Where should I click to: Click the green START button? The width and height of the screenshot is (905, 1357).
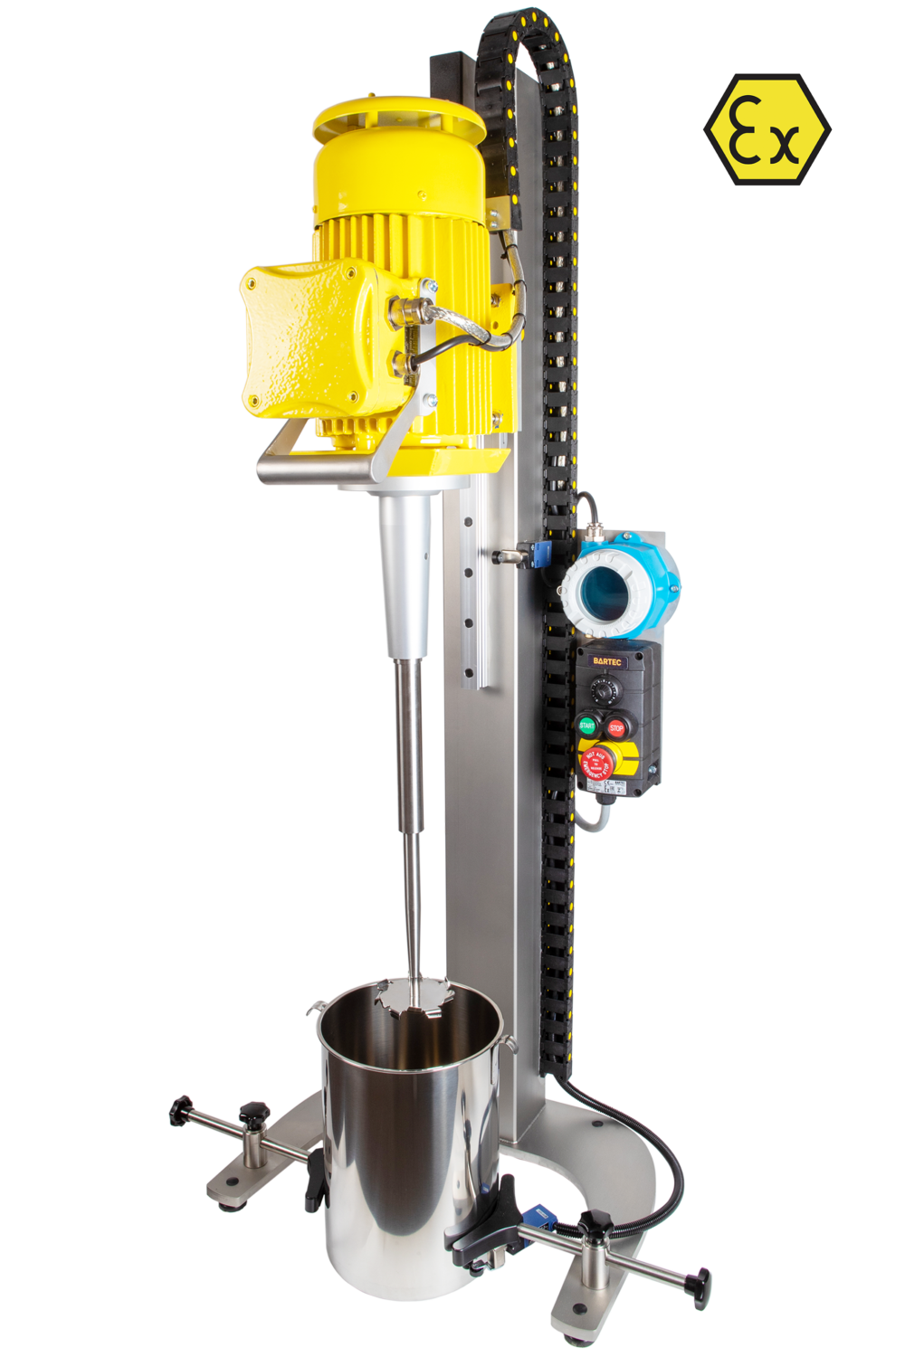[586, 726]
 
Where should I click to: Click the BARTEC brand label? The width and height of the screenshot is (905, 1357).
[612, 661]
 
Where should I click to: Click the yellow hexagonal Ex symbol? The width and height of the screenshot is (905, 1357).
[767, 130]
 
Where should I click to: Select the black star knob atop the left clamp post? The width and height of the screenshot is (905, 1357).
[255, 1111]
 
